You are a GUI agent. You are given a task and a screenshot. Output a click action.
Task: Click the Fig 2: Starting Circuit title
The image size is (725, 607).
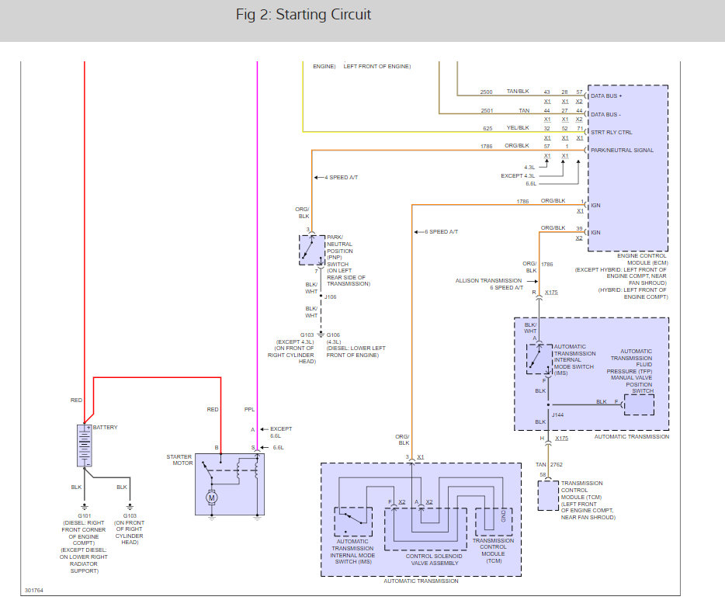coord(304,15)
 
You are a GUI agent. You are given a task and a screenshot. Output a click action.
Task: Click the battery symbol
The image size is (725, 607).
coord(85,445)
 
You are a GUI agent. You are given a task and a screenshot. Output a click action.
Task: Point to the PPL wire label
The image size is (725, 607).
coord(249,409)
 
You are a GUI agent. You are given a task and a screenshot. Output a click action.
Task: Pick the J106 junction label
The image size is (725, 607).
coord(331,296)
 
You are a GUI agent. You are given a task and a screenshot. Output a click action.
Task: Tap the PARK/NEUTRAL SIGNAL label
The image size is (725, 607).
coord(622,150)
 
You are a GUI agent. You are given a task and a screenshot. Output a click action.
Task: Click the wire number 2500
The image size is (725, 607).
coord(486,92)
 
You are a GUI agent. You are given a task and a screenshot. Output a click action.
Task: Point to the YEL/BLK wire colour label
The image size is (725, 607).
coord(518,128)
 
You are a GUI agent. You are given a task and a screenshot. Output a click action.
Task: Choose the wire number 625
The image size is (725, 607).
coord(487,128)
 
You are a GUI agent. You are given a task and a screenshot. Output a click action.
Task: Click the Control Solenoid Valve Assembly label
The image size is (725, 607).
coord(436,556)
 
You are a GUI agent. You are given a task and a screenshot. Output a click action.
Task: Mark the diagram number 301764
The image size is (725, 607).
coord(34,591)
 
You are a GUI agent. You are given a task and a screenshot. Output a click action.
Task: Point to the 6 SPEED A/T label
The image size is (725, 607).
coord(442,232)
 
